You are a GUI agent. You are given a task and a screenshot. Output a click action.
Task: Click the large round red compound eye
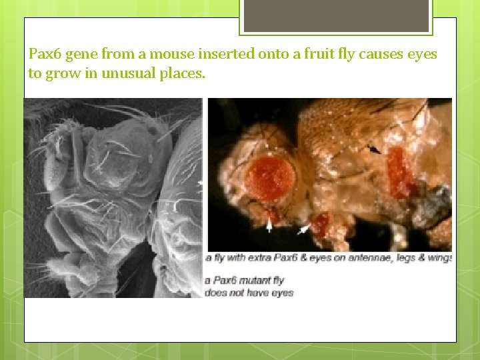(x=271, y=177)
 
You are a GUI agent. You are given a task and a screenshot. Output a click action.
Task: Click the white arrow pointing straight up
(x=269, y=227)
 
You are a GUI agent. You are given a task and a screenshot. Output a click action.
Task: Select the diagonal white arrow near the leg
(x=304, y=229)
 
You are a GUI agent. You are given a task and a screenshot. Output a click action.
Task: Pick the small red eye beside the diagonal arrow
(x=320, y=224)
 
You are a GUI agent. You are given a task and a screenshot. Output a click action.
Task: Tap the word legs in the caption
(x=403, y=258)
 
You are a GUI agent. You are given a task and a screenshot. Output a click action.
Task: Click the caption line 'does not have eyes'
(x=249, y=293)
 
